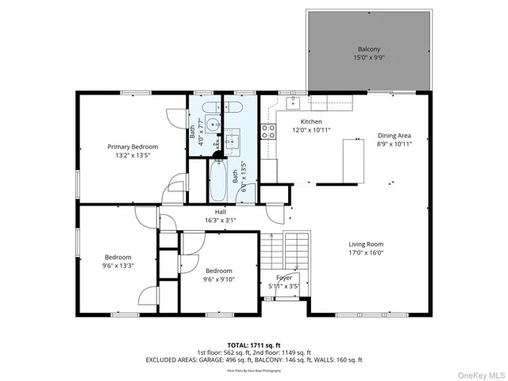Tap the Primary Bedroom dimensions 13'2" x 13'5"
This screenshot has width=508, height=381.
[x=133, y=156]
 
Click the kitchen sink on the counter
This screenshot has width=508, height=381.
[x=296, y=102]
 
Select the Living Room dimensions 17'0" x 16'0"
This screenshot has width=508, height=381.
[x=366, y=253]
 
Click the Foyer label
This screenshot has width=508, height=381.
[x=284, y=277]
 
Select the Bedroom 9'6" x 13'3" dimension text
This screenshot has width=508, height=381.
[x=117, y=266]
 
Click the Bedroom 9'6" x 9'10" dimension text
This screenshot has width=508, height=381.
[x=218, y=279]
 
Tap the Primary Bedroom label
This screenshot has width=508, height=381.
[x=133, y=146]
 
